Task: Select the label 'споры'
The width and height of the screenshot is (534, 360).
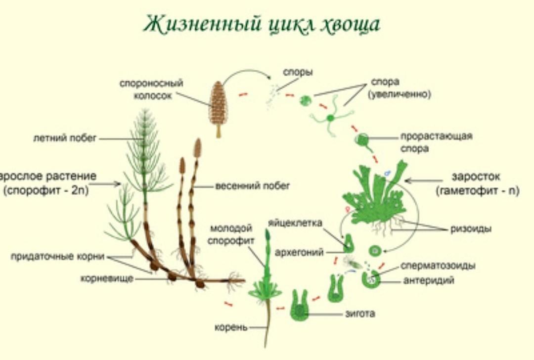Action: tap(298, 73)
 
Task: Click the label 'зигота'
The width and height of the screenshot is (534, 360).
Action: tap(360, 314)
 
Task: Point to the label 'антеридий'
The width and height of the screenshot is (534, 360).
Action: tap(429, 280)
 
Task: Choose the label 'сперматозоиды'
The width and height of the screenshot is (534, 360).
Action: tap(438, 266)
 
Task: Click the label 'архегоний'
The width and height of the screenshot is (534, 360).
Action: tap(299, 252)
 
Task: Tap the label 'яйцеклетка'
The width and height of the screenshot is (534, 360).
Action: tap(295, 223)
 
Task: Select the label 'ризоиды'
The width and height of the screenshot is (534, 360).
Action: tap(471, 228)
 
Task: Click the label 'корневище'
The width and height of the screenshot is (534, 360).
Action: tap(107, 278)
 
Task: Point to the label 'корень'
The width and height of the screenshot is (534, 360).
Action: tap(230, 328)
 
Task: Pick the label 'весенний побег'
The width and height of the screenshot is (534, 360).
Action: tap(253, 186)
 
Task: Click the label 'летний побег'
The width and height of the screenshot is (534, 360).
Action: tap(65, 138)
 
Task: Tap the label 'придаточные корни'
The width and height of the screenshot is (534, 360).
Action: tap(57, 256)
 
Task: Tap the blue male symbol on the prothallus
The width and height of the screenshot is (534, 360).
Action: tap(387, 174)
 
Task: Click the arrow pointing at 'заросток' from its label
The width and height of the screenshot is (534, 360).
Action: tap(424, 181)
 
